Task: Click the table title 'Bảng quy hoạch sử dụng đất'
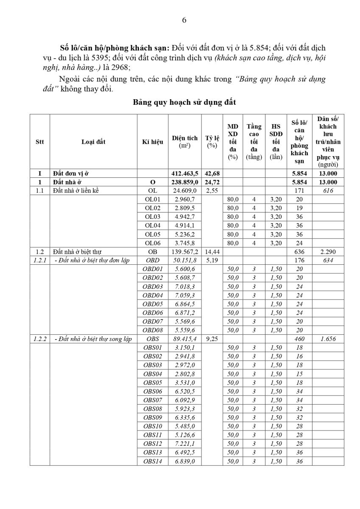[x=184, y=102]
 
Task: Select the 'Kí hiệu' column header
[x=152, y=142]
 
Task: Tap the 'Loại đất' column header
[x=93, y=142]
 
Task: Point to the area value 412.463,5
[x=185, y=173]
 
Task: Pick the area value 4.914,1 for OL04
[x=185, y=226]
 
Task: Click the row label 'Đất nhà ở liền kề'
[x=76, y=190]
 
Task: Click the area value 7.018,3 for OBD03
[x=185, y=287]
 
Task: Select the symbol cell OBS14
[x=152, y=461]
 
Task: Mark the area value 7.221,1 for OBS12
[x=185, y=444]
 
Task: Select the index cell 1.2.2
[x=40, y=339]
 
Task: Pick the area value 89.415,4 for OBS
[x=185, y=339]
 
